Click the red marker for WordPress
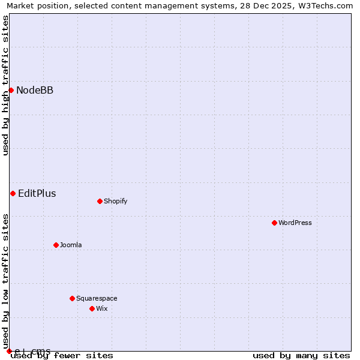274,223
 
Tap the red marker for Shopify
100,201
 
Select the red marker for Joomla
56,245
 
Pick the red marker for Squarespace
72,298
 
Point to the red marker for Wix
92,308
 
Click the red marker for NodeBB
11,90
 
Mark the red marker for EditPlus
13,193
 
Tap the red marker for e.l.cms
9,351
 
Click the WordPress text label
295,223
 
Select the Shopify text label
116,201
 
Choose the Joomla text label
71,245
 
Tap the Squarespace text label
97,298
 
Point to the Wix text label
102,308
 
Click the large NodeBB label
35,90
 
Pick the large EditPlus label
37,193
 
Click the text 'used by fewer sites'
62,355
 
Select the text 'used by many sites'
301,355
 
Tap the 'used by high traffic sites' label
5,86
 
